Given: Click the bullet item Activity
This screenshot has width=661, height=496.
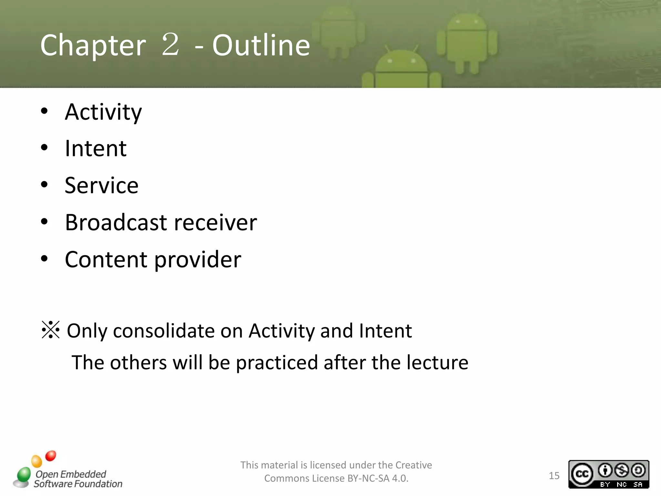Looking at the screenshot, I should click(x=103, y=112).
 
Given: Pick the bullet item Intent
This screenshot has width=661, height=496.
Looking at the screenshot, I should click(x=96, y=149).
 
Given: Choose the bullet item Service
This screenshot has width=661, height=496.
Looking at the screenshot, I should click(x=101, y=186).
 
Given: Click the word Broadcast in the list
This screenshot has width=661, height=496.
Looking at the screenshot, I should click(x=116, y=222).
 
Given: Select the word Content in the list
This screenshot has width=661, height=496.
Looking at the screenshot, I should click(x=106, y=259).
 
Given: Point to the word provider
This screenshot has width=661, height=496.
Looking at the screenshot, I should click(x=198, y=260).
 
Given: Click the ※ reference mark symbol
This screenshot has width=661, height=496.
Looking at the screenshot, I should click(x=51, y=330).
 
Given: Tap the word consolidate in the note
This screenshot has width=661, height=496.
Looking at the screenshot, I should click(x=164, y=331).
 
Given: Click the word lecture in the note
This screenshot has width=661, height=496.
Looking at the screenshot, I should click(x=437, y=362).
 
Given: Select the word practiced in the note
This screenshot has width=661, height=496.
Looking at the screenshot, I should click(x=277, y=363).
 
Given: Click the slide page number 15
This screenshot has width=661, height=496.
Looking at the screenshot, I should click(x=554, y=476).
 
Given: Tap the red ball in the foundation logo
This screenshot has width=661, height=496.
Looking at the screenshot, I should click(x=51, y=456).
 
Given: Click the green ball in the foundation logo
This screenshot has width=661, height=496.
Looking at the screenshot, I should click(x=24, y=475).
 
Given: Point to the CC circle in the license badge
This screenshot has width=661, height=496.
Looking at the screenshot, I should click(x=582, y=474).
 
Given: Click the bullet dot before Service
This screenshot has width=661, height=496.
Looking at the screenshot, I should click(x=44, y=185).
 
